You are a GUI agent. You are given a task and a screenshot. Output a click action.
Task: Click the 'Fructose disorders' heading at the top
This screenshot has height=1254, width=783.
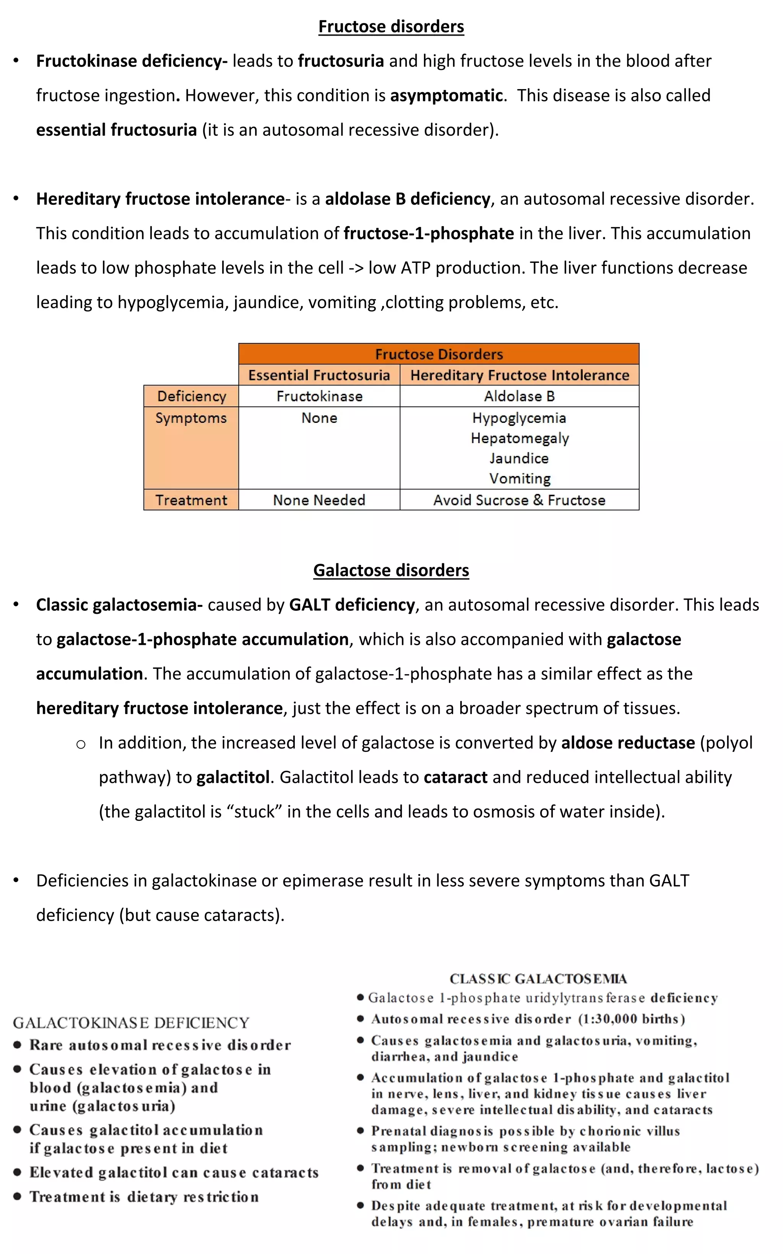(x=391, y=26)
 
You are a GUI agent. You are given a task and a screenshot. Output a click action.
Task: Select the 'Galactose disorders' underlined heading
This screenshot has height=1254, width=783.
(x=391, y=570)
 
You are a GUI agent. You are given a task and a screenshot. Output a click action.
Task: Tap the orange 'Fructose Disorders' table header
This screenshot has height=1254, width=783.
(x=439, y=354)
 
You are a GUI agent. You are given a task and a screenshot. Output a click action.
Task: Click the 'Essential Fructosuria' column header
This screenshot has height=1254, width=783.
(x=319, y=375)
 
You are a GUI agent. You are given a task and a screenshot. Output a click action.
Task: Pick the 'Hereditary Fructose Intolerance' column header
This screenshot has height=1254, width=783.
(x=520, y=375)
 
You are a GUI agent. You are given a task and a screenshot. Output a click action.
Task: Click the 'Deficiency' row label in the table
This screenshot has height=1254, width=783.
(x=191, y=396)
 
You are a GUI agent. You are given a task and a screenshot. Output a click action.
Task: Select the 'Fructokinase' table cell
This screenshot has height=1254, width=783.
(x=319, y=396)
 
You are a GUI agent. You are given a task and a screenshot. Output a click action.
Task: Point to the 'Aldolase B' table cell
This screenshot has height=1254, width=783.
(x=520, y=396)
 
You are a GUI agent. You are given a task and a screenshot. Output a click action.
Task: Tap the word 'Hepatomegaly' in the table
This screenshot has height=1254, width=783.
(x=520, y=439)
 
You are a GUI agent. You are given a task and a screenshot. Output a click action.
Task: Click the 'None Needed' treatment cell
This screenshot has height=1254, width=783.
(x=319, y=500)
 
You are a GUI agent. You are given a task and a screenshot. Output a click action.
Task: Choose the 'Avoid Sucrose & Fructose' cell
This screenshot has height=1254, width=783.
(x=520, y=500)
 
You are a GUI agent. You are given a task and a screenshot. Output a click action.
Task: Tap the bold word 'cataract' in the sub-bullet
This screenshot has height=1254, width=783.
(x=455, y=777)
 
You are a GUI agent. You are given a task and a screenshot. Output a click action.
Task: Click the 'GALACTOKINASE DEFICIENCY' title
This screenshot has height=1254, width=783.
(x=131, y=1022)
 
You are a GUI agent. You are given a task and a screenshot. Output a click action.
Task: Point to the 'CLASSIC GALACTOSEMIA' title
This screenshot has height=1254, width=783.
(x=538, y=979)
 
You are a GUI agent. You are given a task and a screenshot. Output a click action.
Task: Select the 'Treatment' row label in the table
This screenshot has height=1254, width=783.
(x=191, y=500)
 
